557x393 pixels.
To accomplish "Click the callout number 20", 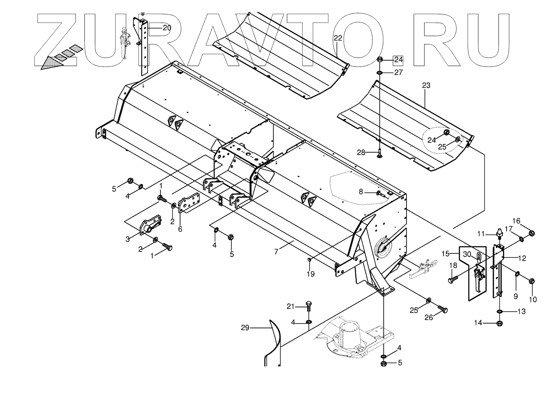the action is click(167, 28).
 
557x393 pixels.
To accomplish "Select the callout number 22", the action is click(338, 38).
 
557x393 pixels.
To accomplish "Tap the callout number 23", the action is click(426, 85).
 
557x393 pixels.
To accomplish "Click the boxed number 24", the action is click(398, 60).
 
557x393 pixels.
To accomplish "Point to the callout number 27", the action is click(398, 73).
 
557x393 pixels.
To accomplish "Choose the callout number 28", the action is click(360, 153).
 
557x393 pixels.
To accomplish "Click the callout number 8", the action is click(360, 192).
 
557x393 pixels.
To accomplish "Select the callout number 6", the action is click(180, 228).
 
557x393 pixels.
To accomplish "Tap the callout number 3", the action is click(127, 239).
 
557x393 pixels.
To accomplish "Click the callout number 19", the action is click(310, 273).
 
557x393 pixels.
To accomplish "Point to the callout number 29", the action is click(245, 328).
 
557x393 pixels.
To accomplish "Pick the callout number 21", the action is click(291, 306).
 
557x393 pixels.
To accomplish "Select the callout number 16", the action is click(527, 221).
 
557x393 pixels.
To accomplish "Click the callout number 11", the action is click(481, 234).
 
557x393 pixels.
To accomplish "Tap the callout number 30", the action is click(467, 254).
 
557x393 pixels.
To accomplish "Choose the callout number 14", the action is click(478, 323).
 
